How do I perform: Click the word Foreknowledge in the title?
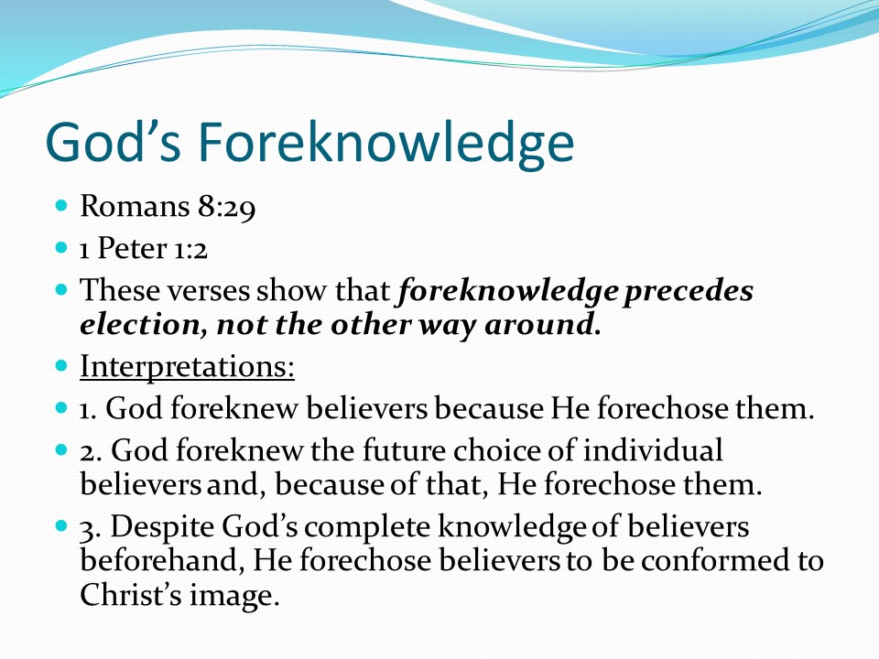[386, 143]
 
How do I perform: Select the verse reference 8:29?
[226, 207]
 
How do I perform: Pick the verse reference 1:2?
[190, 249]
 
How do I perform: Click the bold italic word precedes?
[689, 292]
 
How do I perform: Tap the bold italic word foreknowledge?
[508, 292]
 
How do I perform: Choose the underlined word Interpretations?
[187, 366]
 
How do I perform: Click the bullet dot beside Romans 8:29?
[61, 204]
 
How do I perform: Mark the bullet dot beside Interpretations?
[61, 366]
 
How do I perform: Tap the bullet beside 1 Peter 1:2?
[61, 246]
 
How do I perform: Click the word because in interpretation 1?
[488, 408]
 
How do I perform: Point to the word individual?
[653, 450]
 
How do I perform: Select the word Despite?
[162, 528]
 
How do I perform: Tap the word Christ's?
[131, 595]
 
